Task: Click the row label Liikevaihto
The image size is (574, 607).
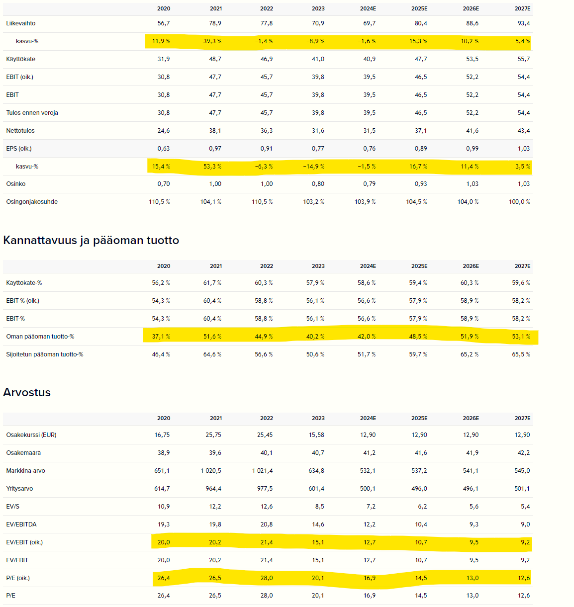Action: (21, 23)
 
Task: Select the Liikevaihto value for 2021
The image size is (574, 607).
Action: (215, 23)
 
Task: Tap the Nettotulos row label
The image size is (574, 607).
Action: (20, 131)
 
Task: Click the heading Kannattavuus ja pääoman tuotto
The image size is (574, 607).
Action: (91, 240)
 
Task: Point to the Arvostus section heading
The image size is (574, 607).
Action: (27, 392)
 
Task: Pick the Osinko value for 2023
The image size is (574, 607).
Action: (318, 184)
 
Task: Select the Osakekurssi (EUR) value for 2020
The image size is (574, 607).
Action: (162, 434)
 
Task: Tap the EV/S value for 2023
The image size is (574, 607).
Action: (320, 507)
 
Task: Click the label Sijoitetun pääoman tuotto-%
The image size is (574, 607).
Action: (45, 354)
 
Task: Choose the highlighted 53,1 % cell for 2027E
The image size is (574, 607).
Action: (521, 336)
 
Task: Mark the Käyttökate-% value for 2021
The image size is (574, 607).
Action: (212, 282)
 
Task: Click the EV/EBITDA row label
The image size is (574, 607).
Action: (21, 524)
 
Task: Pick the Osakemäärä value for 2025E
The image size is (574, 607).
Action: (421, 452)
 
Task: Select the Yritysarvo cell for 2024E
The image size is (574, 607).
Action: (368, 489)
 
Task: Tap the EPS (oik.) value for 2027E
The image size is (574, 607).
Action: (524, 149)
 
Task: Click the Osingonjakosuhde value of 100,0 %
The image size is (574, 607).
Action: (519, 202)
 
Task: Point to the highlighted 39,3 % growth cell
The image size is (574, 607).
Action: (212, 41)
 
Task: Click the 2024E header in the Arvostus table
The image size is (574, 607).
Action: (368, 418)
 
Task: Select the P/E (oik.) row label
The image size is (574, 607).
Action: (18, 578)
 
